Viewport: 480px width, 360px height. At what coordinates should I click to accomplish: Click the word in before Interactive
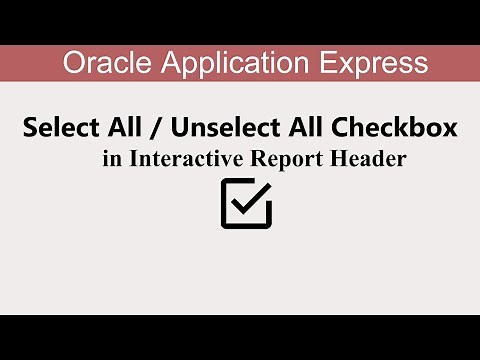coord(110,160)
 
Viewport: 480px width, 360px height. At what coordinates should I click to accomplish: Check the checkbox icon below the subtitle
coord(245,203)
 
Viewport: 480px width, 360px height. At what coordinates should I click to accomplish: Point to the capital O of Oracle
coord(72,63)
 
